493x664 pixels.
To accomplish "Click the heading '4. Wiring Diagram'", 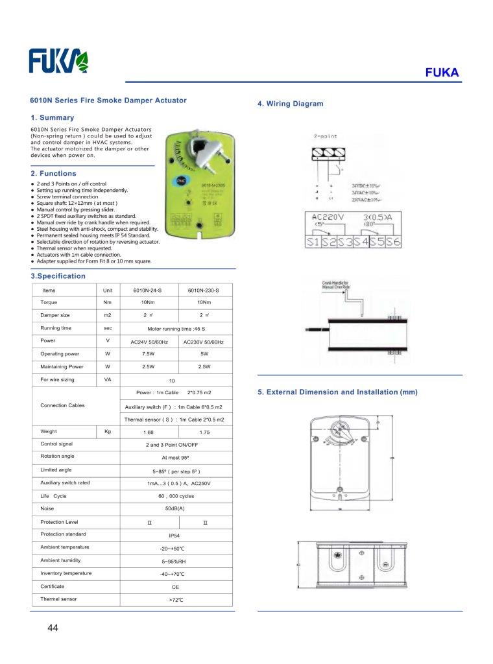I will [290, 104].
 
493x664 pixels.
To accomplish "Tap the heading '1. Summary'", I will [53, 118].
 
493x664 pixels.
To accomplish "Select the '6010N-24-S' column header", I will [149, 290].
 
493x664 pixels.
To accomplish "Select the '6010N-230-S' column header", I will [204, 290].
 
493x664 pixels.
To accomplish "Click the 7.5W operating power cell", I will [149, 354].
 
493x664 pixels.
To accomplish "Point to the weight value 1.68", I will [149, 432].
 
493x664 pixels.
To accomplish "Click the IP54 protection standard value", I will [174, 536].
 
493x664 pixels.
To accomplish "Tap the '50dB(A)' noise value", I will [174, 509].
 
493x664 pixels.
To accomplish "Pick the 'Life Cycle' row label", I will [54, 496].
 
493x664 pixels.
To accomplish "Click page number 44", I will [53, 628].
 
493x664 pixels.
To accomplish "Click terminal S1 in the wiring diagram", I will [313, 242].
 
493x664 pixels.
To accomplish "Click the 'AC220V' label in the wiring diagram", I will [328, 217].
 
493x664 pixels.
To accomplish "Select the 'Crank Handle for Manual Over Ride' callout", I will [335, 284].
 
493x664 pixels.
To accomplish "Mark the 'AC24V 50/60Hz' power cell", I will [149, 342].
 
